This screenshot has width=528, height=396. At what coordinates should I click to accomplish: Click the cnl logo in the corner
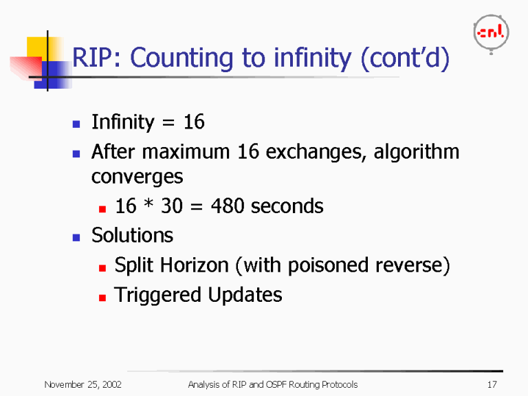(491, 32)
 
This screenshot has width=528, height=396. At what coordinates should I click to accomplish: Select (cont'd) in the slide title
(406, 59)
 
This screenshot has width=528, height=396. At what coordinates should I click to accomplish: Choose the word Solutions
(132, 235)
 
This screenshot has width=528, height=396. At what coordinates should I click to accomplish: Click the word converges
(137, 177)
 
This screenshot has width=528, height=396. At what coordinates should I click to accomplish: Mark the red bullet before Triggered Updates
(102, 296)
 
